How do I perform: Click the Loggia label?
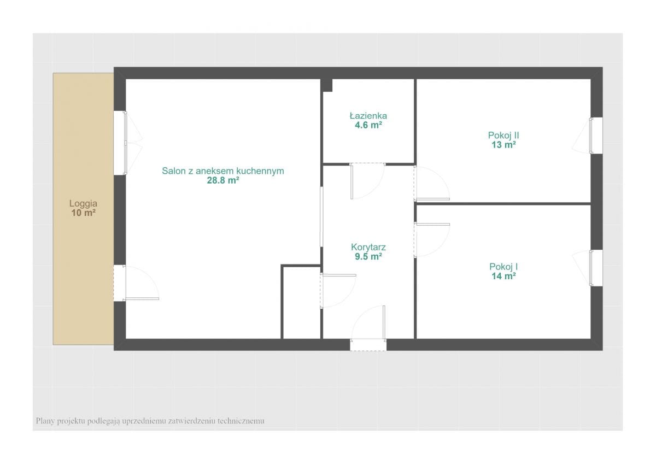click(x=83, y=203)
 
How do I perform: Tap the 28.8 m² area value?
click(x=223, y=180)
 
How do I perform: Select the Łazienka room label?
click(x=368, y=116)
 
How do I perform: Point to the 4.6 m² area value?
click(x=368, y=125)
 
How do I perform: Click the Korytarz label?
click(x=368, y=247)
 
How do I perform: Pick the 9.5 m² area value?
click(x=368, y=257)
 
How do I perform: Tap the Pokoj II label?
click(x=503, y=135)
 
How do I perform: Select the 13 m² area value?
click(x=503, y=145)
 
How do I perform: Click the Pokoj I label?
click(x=503, y=267)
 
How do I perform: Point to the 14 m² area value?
click(x=503, y=277)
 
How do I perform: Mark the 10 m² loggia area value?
click(x=83, y=213)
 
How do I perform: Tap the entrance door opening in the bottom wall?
click(x=368, y=345)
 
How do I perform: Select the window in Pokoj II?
click(x=596, y=136)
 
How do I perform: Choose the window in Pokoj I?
click(x=596, y=268)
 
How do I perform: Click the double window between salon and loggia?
click(x=120, y=143)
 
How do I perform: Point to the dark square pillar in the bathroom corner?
click(x=326, y=85)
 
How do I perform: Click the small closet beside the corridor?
click(x=302, y=303)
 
